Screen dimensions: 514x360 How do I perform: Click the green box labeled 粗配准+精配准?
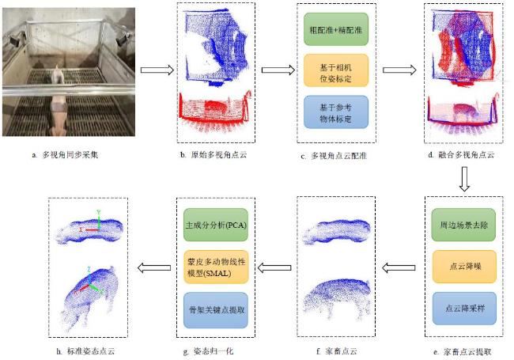(335, 29)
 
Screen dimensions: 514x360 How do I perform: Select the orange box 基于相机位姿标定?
(335, 70)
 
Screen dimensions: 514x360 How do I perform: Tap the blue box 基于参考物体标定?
(335, 112)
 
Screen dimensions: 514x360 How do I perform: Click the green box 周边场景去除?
(463, 225)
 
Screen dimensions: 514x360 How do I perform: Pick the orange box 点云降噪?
(464, 267)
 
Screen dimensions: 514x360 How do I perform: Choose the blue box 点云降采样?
(464, 309)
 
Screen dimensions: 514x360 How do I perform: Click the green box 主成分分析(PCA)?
(216, 225)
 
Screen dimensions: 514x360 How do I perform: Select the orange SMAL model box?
(216, 267)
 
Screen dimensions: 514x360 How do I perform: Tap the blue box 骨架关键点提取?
(216, 310)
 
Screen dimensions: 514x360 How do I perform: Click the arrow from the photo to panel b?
(157, 70)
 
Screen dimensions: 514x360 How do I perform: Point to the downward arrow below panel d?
(464, 179)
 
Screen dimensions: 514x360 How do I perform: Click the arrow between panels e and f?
(399, 268)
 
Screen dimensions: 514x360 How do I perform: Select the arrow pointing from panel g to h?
(154, 267)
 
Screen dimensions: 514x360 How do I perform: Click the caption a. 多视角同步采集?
(65, 155)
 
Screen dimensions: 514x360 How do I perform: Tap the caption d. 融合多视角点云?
(461, 155)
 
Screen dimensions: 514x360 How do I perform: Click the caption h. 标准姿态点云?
(85, 351)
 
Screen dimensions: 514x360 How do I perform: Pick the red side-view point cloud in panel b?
(215, 110)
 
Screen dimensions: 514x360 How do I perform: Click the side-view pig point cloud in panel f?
(337, 299)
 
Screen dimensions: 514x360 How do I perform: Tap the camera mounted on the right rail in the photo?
(121, 40)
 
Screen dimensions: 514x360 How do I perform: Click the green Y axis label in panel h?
(98, 212)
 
